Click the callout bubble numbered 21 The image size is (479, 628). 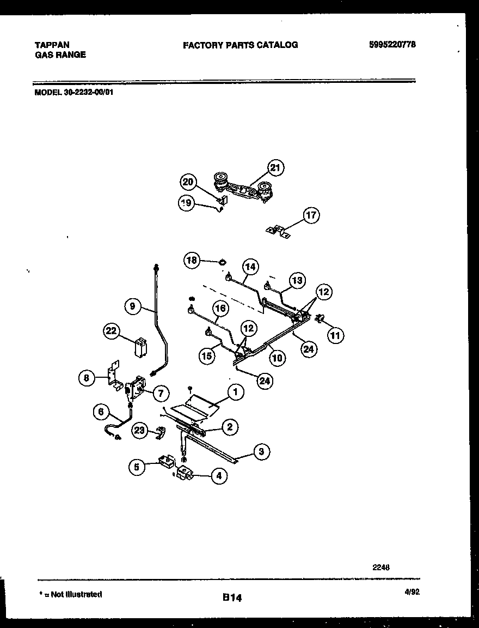tap(275, 167)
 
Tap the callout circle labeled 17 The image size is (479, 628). tap(311, 215)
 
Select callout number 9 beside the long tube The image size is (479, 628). tap(132, 306)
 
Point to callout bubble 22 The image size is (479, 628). tap(112, 332)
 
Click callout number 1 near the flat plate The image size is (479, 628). tap(235, 391)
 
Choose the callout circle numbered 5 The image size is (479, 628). tap(137, 467)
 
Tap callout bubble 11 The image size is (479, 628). tap(335, 336)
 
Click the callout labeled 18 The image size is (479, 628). tap(192, 261)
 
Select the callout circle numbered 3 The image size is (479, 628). tap(261, 451)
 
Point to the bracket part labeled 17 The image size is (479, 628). tap(278, 232)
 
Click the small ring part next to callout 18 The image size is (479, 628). tap(222, 262)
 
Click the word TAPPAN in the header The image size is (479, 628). tap(52, 45)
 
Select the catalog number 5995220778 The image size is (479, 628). tap(392, 45)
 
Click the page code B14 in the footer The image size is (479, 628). tap(232, 598)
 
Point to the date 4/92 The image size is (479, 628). tap(412, 594)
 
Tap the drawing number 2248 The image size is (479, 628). tap(381, 567)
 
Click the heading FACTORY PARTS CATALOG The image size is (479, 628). tap(240, 45)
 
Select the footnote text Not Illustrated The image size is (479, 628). tap(72, 594)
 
